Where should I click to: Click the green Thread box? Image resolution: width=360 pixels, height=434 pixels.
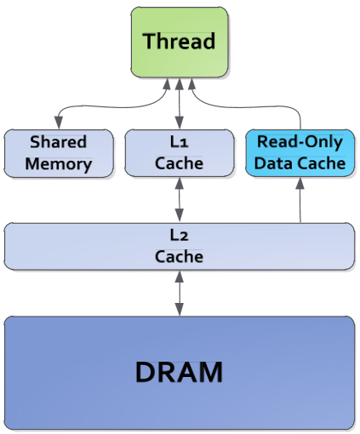click(180, 43)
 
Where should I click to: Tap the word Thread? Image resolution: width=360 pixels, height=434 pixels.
click(179, 41)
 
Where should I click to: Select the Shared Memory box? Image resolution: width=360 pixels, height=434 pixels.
click(59, 153)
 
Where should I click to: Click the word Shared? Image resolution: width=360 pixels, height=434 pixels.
click(59, 142)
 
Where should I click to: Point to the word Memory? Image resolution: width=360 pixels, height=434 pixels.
click(59, 164)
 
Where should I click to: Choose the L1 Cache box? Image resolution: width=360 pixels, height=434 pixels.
click(180, 153)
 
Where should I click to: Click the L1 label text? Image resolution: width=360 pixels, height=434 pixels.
click(179, 142)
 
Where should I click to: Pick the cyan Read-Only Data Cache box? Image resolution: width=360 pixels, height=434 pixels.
click(300, 153)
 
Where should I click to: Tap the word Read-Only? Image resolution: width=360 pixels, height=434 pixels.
click(300, 142)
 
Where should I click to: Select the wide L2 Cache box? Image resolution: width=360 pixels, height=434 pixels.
click(180, 246)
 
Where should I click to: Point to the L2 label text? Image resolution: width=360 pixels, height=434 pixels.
click(179, 235)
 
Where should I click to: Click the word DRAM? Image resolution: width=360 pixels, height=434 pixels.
click(179, 372)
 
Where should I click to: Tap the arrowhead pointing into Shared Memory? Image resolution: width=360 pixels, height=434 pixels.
click(59, 123)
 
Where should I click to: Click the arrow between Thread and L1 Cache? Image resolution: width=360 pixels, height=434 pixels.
click(179, 104)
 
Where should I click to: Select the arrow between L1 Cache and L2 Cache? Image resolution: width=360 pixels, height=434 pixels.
click(180, 200)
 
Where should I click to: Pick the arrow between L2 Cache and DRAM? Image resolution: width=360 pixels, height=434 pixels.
click(180, 293)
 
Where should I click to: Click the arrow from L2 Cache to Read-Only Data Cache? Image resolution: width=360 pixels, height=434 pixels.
click(300, 200)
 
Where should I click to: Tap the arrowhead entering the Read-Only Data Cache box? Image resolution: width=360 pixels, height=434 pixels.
click(300, 184)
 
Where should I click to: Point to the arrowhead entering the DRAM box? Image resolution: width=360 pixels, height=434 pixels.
click(180, 310)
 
